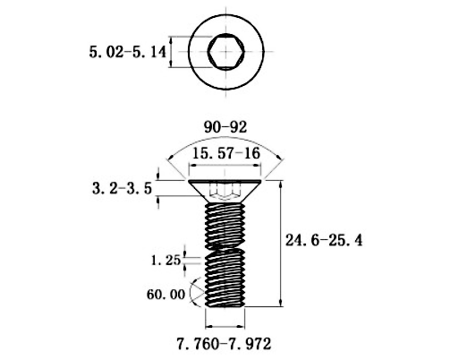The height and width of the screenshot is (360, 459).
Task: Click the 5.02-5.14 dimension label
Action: pos(127,52)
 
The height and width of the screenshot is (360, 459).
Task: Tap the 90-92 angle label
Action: pos(225,127)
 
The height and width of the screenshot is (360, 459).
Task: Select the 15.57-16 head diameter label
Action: pos(226,153)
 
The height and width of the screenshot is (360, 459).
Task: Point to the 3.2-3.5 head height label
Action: pos(123,188)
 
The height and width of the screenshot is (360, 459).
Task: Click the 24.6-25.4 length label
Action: pos(324,240)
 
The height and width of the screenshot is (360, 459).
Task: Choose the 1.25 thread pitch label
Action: pos(166,261)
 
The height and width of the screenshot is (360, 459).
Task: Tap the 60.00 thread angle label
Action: pos(166,295)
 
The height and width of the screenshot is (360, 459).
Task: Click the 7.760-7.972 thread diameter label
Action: pos(225,344)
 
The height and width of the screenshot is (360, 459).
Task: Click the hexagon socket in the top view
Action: pos(226,52)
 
